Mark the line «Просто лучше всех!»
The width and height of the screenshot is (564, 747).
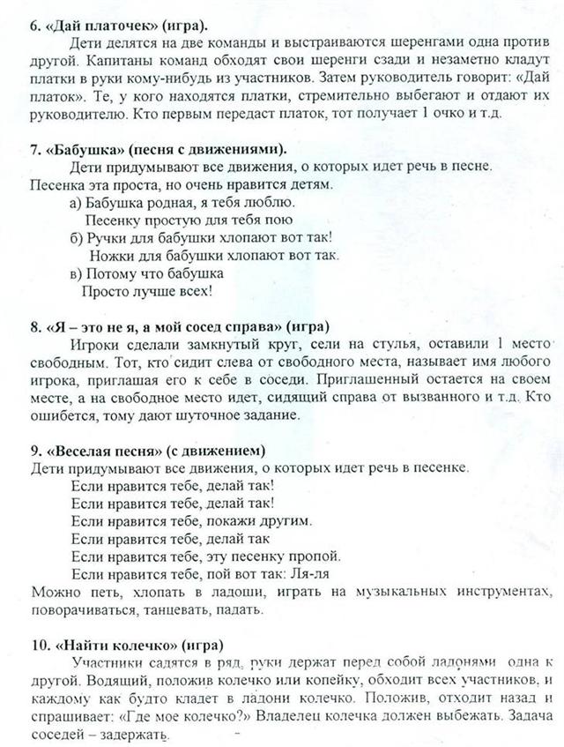click(146, 291)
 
